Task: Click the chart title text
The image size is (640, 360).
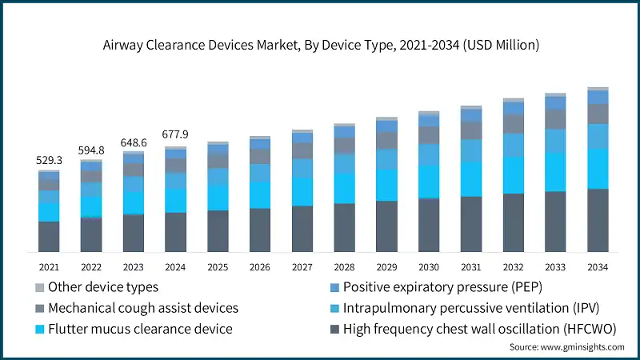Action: click(x=320, y=45)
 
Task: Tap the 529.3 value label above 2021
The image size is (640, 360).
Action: click(x=49, y=160)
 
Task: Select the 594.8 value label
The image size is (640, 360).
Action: click(x=91, y=150)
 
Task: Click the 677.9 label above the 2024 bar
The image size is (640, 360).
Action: click(x=175, y=134)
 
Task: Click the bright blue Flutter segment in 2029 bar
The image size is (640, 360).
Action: click(x=386, y=185)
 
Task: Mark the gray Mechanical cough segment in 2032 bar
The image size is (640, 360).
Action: click(x=513, y=123)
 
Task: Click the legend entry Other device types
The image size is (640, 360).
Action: click(x=103, y=286)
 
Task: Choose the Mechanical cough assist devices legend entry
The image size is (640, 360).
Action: click(x=143, y=307)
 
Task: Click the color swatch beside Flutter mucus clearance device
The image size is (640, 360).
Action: click(x=38, y=328)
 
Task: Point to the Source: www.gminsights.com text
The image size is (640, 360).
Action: click(x=566, y=347)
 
